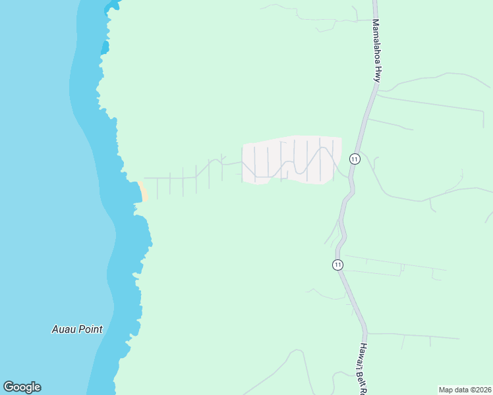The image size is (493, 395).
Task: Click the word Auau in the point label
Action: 65,329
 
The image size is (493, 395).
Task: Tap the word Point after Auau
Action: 91,329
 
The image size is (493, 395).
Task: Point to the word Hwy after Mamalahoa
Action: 378,73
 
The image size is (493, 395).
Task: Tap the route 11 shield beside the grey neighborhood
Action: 355,159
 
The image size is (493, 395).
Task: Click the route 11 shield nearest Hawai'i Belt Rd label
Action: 337,265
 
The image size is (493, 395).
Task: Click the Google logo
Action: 22,387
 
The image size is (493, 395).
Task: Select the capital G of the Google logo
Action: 9,387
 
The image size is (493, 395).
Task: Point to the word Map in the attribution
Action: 446,390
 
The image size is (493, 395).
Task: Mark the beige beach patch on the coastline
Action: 143,190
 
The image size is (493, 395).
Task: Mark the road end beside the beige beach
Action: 145,178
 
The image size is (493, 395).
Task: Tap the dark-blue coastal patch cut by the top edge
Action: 113,5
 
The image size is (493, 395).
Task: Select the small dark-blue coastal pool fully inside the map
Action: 104,47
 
